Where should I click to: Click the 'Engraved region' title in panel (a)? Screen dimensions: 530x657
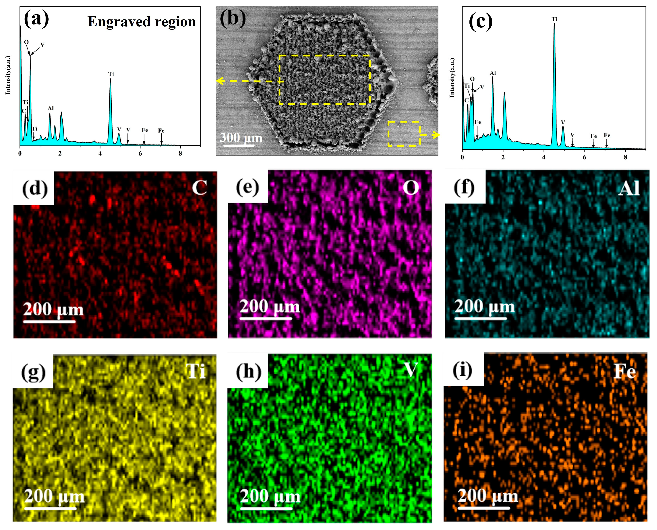pos(141,22)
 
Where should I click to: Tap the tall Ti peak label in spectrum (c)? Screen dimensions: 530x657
pos(554,19)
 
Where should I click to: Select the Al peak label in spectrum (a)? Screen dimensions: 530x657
pos(51,108)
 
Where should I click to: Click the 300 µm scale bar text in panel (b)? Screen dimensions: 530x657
pos(241,138)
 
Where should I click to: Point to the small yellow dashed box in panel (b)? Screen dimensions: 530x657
pos(404,134)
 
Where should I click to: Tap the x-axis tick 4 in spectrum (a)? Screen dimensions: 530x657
pos(100,154)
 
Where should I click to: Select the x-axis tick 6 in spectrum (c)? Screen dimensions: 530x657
pos(584,157)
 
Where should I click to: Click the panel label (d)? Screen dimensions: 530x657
pos(35,188)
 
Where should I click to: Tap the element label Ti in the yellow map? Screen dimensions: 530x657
pos(196,371)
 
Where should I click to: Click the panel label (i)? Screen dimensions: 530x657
pos(462,370)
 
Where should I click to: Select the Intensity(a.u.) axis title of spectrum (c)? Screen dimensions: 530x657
pos(452,78)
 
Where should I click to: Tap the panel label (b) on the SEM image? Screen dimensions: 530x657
pos(233,18)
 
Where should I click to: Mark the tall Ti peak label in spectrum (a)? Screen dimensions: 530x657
pos(111,74)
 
